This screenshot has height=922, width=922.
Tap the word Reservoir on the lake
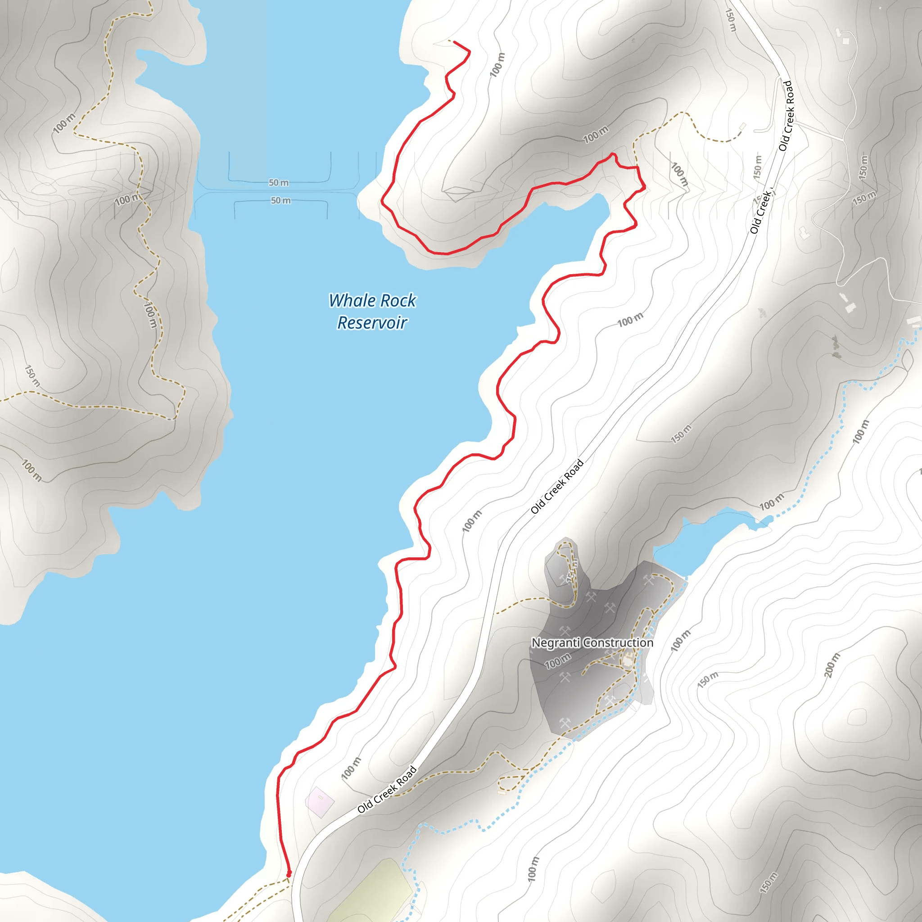pos(372,323)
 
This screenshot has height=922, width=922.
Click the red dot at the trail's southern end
pos(289,873)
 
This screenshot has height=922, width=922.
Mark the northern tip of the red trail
pos(454,42)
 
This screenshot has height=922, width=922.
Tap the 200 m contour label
pos(832,665)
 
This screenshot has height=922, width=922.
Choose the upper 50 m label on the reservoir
pos(279,183)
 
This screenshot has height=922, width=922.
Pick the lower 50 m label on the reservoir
pos(280,200)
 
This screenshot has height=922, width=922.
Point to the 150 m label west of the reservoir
pos(32,376)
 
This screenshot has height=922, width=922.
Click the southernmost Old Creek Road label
pos(387,789)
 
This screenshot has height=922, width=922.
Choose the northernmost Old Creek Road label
pos(786,116)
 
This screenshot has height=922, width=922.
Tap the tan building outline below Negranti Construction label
pos(628,660)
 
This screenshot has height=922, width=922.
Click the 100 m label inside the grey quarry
pos(557,661)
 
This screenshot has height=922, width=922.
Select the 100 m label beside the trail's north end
pos(497,65)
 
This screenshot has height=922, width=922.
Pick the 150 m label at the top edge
pos(731,20)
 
